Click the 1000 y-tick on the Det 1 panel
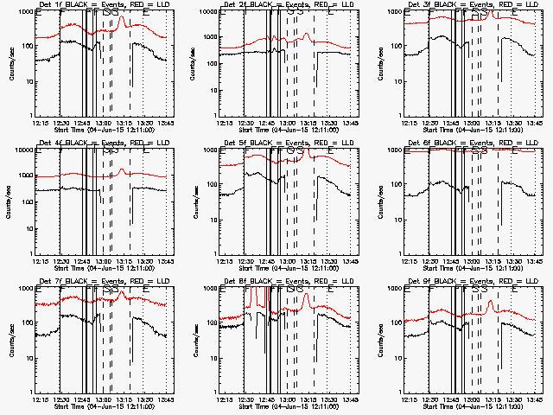point(24,12)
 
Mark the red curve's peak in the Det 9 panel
point(490,302)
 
